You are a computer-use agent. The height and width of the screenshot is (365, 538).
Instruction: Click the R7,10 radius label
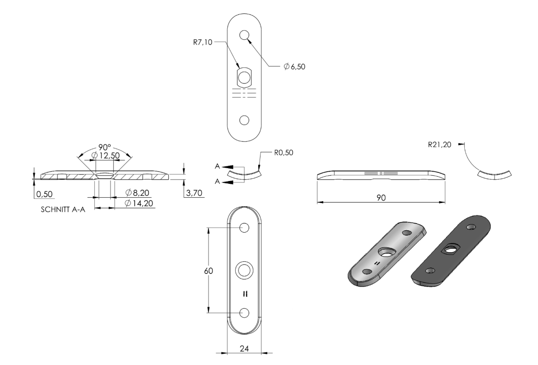pos(202,42)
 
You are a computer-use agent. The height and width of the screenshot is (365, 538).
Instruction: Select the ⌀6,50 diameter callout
pos(295,67)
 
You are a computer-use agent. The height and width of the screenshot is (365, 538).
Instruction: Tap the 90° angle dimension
pos(105,147)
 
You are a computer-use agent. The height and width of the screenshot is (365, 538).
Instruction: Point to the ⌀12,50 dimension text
pos(106,156)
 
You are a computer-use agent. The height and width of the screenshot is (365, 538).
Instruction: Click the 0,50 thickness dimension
pos(44,194)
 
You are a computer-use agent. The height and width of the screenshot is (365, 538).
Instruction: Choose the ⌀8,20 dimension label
pos(137,193)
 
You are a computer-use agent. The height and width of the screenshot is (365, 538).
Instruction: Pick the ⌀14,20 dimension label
pos(139,204)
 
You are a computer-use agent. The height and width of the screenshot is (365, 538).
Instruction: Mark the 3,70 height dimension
pos(194,193)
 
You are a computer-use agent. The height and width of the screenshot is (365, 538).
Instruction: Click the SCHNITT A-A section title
pos(63,210)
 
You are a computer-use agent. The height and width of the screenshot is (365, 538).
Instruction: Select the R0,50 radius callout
pos(284,152)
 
